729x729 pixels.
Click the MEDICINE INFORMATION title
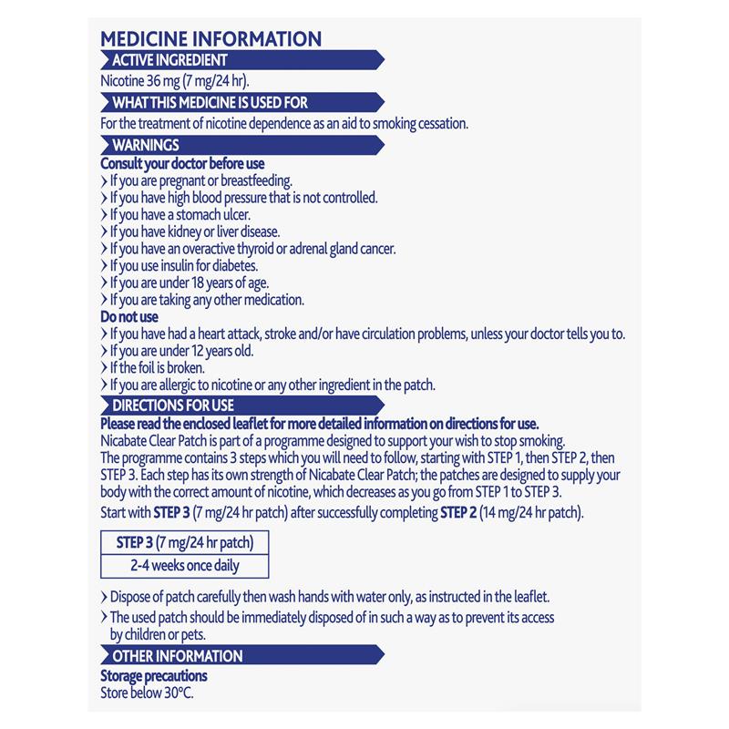pos(210,39)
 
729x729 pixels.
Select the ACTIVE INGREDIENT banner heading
pos(169,60)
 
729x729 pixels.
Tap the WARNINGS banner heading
pos(146,145)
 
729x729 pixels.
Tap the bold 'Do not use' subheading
pos(129,316)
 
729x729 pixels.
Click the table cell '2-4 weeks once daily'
pos(185,565)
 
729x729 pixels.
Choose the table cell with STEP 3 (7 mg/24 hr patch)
pos(185,543)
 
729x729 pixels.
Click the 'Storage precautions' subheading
pos(153,675)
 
